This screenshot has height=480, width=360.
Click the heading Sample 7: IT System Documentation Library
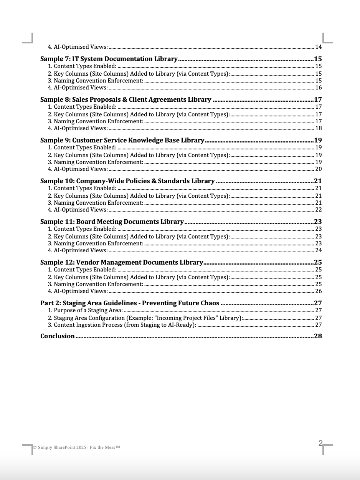109,59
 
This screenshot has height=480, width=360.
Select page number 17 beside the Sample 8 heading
318,99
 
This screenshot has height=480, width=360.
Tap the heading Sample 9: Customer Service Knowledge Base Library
122,140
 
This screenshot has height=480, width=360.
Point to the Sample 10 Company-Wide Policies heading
127,181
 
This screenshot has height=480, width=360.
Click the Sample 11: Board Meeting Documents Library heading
112,222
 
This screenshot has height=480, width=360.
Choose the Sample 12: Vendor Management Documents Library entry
122,262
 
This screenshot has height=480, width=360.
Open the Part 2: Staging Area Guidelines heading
130,303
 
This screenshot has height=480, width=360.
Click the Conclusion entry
58,336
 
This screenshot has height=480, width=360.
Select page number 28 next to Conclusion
318,336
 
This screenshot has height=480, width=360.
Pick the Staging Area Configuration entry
145,318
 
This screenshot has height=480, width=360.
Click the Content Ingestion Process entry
122,325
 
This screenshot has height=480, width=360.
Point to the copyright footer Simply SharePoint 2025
77,447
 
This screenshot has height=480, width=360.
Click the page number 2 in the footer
320,443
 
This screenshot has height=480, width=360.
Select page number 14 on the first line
318,47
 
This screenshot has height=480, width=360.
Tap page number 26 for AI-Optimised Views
318,291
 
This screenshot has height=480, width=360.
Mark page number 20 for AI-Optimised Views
318,169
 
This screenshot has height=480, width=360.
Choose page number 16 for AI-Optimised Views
318,88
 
